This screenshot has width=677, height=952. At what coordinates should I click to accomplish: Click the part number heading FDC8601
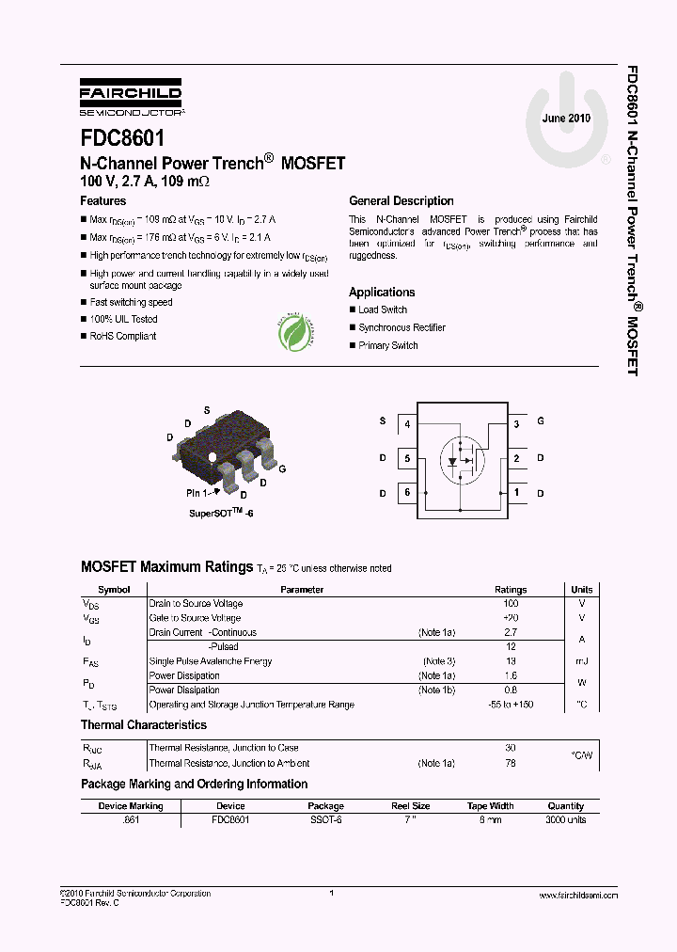click(122, 138)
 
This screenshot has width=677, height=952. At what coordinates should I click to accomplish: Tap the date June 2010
click(566, 119)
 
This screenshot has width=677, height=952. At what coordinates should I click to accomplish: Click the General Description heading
click(401, 201)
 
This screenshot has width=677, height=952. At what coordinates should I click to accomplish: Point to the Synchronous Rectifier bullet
click(401, 327)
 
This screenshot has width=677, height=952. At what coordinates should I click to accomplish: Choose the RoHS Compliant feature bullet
click(122, 336)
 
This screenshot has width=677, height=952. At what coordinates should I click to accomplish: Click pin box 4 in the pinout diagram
click(407, 424)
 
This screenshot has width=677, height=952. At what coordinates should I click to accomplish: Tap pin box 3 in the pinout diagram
click(516, 424)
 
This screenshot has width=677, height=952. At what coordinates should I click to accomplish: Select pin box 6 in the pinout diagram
click(407, 492)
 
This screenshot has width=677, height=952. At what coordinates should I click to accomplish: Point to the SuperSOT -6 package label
click(221, 514)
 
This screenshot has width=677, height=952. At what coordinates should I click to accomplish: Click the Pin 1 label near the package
click(199, 491)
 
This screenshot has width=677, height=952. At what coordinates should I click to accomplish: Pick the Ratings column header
click(511, 590)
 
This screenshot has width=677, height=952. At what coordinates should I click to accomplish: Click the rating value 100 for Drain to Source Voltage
click(511, 603)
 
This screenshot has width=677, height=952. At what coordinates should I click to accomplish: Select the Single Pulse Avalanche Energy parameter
click(211, 661)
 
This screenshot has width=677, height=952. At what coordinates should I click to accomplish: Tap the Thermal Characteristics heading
click(144, 725)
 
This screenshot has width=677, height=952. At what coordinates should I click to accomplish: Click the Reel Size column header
click(411, 806)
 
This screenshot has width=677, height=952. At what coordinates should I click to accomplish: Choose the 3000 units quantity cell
click(566, 820)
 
